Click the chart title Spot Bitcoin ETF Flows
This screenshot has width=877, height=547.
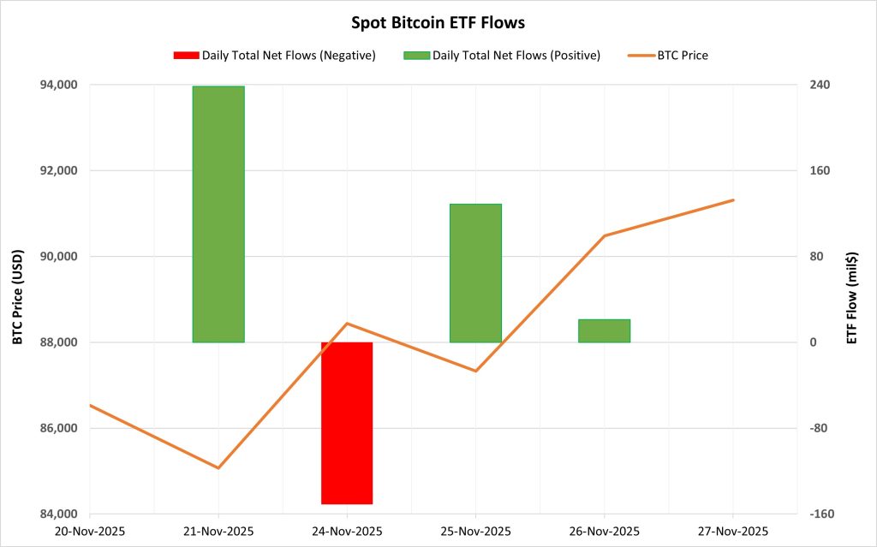pyautogui.click(x=438, y=23)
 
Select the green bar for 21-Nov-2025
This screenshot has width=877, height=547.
pyautogui.click(x=218, y=214)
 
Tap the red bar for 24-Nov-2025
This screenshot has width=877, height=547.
pyautogui.click(x=347, y=423)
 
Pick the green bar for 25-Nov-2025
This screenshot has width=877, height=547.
pyautogui.click(x=475, y=273)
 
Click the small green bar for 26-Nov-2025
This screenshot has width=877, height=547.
pyautogui.click(x=604, y=330)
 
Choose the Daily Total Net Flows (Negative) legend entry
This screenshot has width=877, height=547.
pyautogui.click(x=274, y=56)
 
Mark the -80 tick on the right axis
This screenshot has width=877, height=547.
pyautogui.click(x=811, y=428)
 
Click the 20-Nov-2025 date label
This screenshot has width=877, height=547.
pyautogui.click(x=90, y=531)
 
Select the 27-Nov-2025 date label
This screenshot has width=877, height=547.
pyautogui.click(x=733, y=531)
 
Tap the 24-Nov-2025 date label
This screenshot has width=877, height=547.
pyautogui.click(x=347, y=531)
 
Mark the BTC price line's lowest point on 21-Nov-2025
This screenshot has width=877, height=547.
pyautogui.click(x=218, y=468)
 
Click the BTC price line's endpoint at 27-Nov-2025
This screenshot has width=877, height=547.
pyautogui.click(x=733, y=200)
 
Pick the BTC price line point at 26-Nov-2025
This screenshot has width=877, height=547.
pyautogui.click(x=604, y=235)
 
